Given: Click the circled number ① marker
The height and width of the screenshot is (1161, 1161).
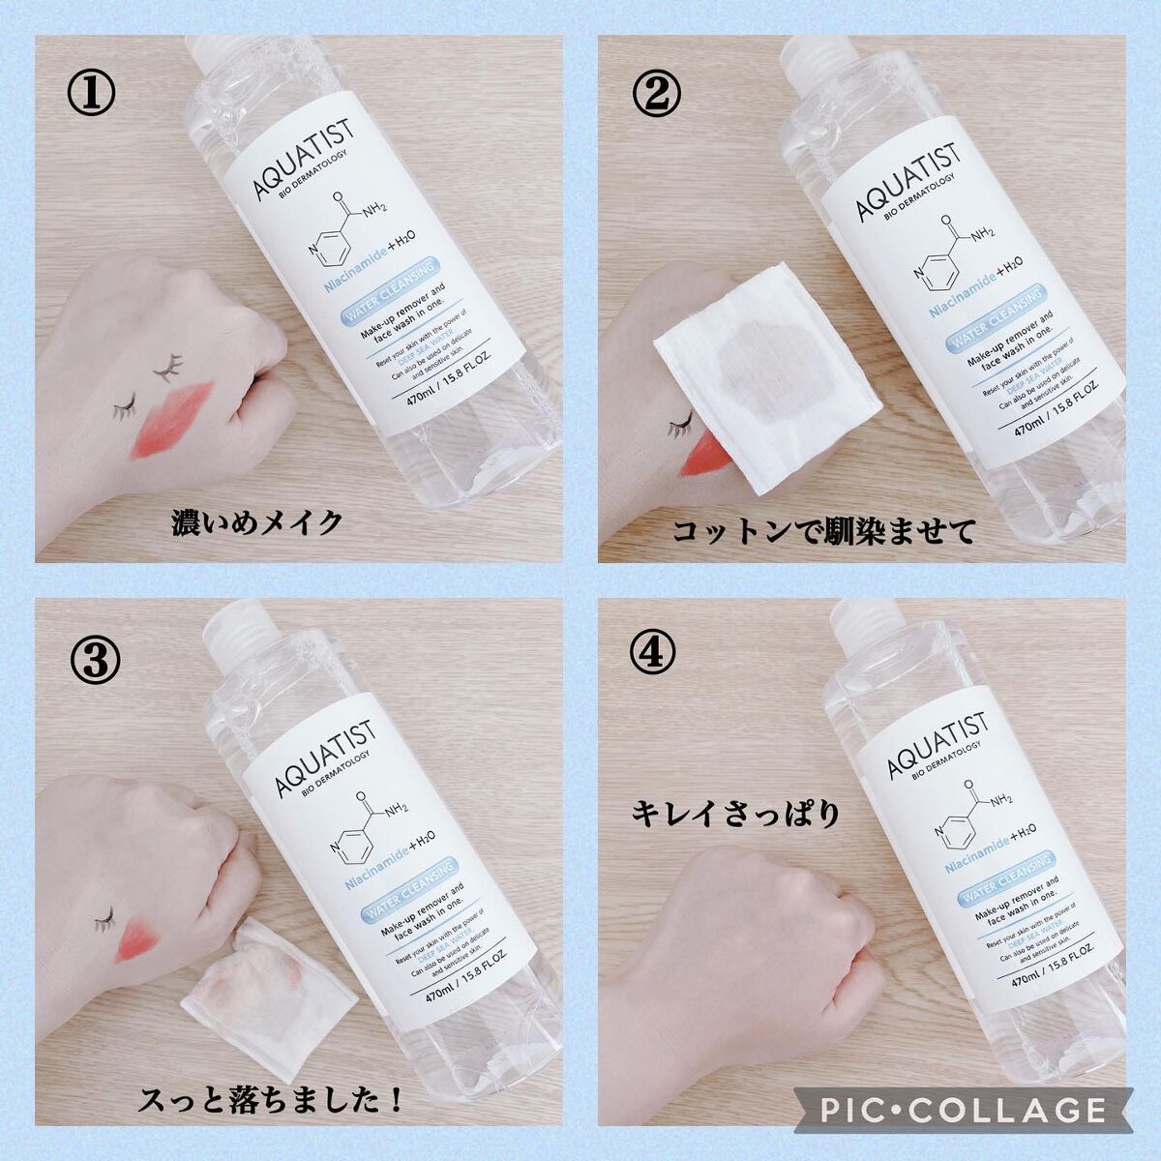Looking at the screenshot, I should pos(93,94).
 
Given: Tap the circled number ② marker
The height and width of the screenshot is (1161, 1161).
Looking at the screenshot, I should pos(657,94).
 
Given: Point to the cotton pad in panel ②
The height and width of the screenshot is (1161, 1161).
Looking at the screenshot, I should pos(764,377).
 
